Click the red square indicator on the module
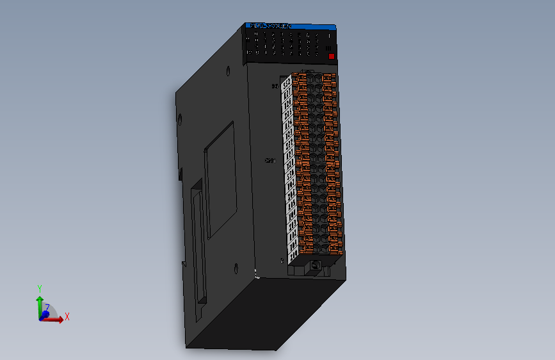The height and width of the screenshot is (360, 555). pos(331,56)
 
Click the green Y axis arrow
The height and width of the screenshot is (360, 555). pos(40,300)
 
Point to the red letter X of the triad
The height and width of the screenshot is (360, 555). pos(67,316)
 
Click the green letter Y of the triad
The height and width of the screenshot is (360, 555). pos(40,288)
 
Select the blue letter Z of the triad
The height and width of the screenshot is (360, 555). pos(47,307)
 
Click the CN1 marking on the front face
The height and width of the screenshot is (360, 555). pos(270,161)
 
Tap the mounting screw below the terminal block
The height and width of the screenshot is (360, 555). pos(314,265)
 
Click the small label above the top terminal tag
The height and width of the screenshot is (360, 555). pos(275,85)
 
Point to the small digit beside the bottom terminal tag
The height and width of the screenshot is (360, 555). pos(282,260)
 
